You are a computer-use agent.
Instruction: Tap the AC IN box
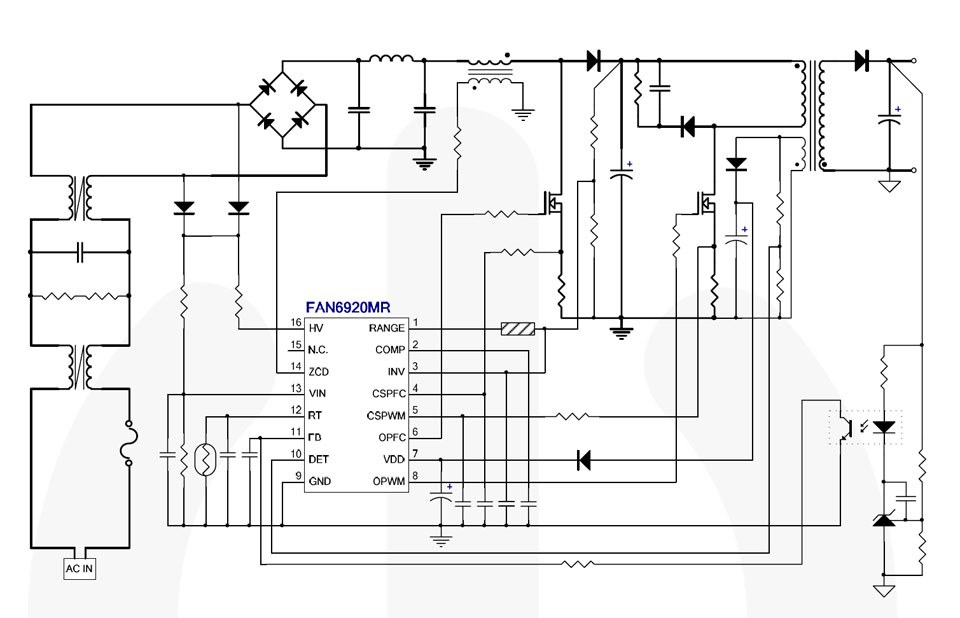[81, 569]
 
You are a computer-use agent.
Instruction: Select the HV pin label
[316, 328]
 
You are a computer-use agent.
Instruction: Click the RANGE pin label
[386, 328]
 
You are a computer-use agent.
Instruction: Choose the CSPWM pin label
[385, 415]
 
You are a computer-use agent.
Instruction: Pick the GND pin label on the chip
[320, 481]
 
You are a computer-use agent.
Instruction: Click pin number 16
[295, 323]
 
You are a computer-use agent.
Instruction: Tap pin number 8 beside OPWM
[415, 475]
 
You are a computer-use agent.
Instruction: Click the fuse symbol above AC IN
[127, 443]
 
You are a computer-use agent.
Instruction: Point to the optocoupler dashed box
[866, 427]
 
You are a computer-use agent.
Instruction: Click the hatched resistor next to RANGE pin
[518, 329]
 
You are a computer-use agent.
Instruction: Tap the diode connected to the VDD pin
[583, 460]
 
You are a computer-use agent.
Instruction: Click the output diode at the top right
[861, 61]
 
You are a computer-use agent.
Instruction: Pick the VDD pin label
[393, 459]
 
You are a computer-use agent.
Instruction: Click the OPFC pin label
[389, 437]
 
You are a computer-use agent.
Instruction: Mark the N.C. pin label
[319, 350]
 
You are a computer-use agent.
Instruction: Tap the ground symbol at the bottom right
[884, 589]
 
